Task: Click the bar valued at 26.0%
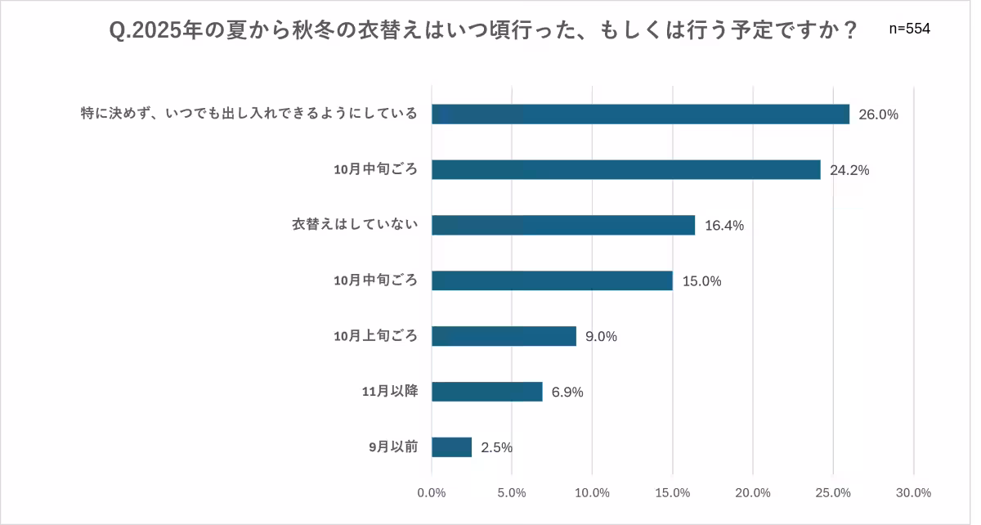(640, 114)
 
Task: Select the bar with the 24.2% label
(625, 170)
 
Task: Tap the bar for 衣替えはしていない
(563, 226)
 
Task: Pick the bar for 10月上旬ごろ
(504, 336)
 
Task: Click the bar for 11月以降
(487, 392)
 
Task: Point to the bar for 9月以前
(452, 447)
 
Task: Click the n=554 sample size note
(909, 29)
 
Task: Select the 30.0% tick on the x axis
(913, 493)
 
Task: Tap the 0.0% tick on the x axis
(432, 493)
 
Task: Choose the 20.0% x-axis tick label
(753, 493)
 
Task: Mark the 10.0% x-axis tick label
(592, 493)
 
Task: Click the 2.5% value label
(497, 447)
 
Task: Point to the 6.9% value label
(567, 393)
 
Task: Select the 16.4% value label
(724, 227)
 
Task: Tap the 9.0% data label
(601, 337)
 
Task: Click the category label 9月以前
(393, 447)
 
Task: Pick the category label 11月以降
(390, 392)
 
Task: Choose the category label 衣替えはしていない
(355, 225)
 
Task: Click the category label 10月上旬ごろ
(376, 336)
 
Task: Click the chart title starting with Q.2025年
(484, 31)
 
